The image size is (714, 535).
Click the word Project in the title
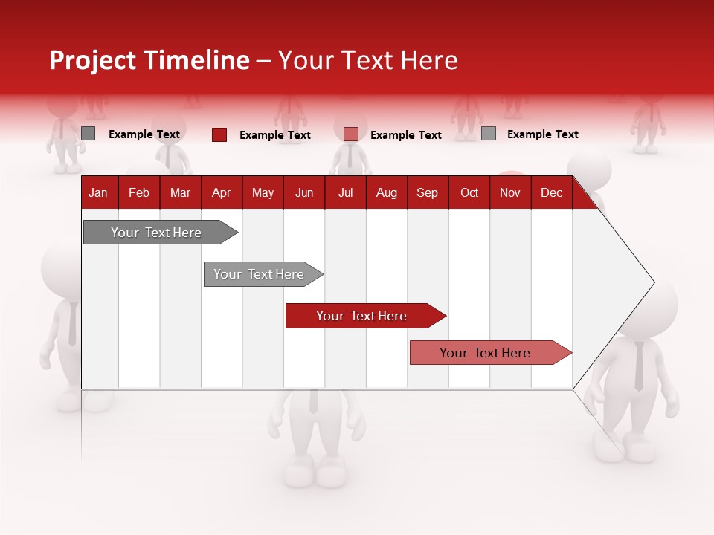pos(91,60)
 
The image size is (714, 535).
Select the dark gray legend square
pos(89,134)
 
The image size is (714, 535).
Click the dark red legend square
pos(219,134)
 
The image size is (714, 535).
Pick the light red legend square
pos(351,134)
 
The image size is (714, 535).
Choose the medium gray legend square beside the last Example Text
pos(489,134)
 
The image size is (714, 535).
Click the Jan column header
pos(98,192)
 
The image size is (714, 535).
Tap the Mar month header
pos(180,192)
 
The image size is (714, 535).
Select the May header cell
pos(263,192)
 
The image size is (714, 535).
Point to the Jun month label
pos(304,192)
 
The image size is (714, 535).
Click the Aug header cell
pos(386,192)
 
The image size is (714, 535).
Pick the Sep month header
pos(427,192)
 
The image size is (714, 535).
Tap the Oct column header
pos(469,192)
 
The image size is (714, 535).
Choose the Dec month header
pos(551,192)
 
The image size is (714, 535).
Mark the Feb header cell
pos(139,192)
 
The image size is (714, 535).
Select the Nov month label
pos(510,192)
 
